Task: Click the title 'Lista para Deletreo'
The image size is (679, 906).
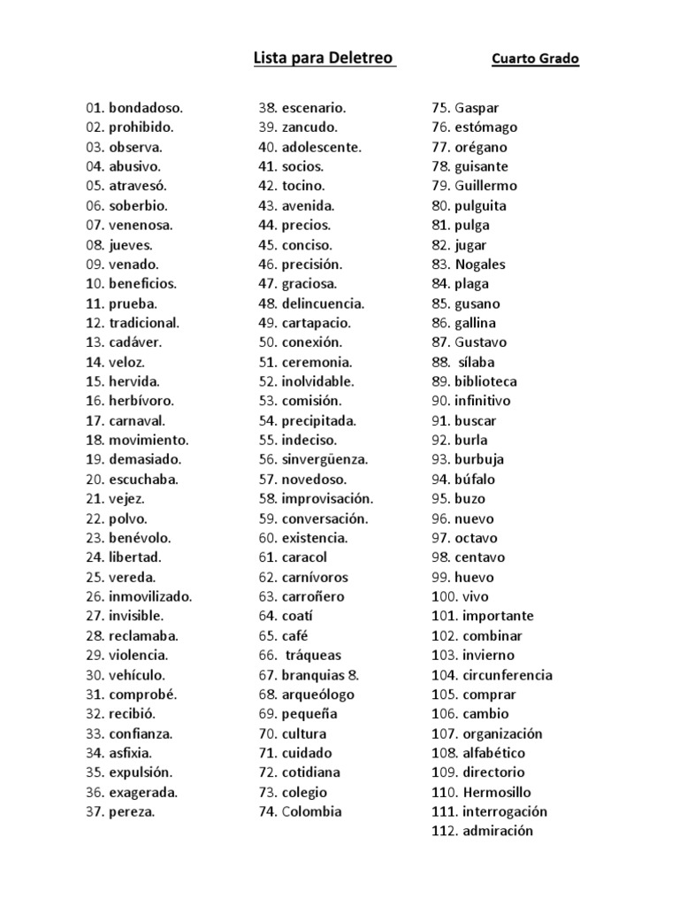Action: coord(324,59)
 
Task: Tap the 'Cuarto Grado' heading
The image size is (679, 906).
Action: coord(536,60)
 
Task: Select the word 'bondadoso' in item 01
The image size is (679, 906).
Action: coord(146,108)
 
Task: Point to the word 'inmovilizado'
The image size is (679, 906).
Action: coord(150,596)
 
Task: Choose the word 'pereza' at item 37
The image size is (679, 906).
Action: coord(132,811)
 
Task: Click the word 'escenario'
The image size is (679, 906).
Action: coord(314,108)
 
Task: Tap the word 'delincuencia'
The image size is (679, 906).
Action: coord(323,303)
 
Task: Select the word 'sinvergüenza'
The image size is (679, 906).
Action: coord(324,459)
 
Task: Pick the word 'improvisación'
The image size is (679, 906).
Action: coord(327,499)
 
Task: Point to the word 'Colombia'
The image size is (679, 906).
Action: coord(312,811)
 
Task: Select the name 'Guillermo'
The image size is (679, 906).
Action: coord(486,186)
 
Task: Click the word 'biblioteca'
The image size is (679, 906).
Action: coord(486,381)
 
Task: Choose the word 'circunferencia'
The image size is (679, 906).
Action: coord(507,675)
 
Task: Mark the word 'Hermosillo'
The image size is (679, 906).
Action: coord(497,792)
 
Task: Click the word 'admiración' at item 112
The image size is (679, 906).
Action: coord(498,831)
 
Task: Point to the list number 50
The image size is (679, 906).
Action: coord(267,342)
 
